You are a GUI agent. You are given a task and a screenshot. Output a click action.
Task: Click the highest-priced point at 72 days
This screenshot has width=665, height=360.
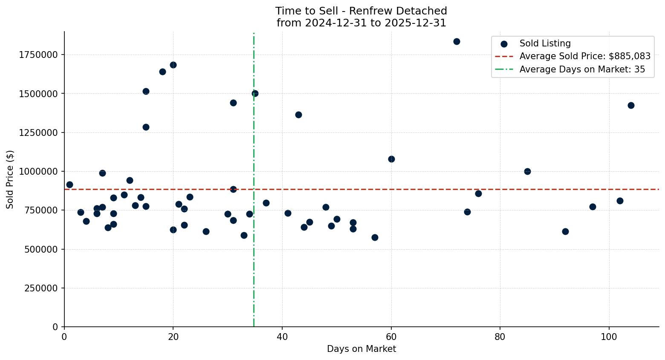457,41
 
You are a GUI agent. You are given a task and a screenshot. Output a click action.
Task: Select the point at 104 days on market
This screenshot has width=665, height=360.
631,105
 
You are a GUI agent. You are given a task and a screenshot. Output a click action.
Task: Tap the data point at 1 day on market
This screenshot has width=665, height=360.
69,184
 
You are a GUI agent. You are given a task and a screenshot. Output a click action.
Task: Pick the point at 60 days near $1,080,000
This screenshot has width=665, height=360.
391,159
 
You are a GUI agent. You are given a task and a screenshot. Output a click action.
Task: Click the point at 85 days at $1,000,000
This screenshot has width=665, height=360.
527,171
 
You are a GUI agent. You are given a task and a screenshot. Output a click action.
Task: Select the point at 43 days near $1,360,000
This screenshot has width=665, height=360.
298,115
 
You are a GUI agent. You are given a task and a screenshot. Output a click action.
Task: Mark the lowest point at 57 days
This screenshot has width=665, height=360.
375,237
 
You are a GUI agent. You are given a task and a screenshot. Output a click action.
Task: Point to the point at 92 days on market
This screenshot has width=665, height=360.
565,231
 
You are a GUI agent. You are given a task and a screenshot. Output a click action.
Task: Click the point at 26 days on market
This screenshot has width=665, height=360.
206,231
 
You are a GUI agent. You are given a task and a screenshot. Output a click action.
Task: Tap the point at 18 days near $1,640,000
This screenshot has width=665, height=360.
162,72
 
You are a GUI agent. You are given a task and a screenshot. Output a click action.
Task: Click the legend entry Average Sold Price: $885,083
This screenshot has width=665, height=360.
584,56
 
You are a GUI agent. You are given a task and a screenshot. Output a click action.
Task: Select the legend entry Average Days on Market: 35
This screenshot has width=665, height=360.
582,69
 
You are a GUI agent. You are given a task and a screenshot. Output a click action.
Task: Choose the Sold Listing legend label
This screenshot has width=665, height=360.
545,43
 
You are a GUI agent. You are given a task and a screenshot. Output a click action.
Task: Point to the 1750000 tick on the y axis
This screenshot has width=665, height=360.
38,55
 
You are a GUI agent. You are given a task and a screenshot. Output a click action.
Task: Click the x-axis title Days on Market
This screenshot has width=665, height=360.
361,349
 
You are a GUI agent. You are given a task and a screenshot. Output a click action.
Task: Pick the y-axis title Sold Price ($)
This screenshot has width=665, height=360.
10,179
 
